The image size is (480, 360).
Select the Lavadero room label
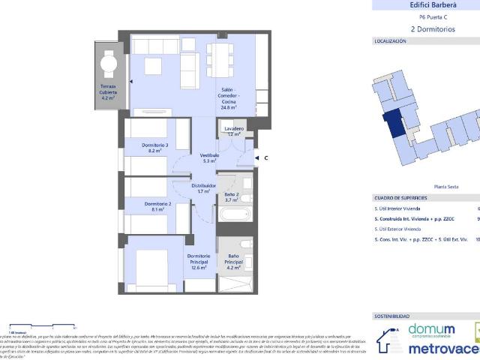(234, 131)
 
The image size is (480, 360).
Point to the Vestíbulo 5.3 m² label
(209, 157)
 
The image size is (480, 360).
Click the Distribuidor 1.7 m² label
(203, 187)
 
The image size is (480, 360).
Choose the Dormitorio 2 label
(158, 206)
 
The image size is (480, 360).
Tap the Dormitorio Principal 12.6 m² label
(199, 261)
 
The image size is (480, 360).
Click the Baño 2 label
(232, 197)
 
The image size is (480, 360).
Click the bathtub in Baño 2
(234, 215)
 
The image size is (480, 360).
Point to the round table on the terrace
(109, 63)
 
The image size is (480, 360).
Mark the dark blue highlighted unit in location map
(393, 124)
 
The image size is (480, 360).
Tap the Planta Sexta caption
(447, 187)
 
